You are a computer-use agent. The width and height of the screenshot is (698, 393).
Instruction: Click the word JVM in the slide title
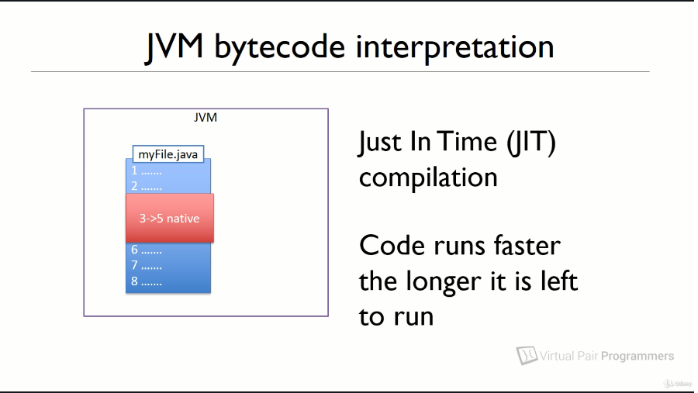174,47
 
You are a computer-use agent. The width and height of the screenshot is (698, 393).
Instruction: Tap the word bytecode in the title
279,47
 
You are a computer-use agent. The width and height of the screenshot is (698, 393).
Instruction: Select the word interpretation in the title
454,47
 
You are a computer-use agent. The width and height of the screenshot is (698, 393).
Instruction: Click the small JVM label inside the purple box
206,118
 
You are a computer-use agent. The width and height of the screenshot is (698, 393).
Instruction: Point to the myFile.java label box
168,154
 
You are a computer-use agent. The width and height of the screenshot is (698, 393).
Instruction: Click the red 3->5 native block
170,218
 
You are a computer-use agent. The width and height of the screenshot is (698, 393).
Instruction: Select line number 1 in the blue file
134,171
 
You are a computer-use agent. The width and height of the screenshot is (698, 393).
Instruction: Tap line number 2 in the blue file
134,186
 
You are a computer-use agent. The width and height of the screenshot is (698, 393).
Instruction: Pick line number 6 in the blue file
134,250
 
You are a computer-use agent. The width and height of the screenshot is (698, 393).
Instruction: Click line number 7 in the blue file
134,265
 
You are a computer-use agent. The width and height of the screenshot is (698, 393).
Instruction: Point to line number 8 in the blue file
134,281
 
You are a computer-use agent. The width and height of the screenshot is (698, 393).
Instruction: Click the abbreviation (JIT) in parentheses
531,143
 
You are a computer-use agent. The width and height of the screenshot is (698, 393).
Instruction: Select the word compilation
428,178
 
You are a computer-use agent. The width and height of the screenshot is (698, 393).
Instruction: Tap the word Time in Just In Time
467,142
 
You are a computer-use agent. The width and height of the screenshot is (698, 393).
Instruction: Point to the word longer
443,282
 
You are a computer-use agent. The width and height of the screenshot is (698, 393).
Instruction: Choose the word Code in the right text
392,246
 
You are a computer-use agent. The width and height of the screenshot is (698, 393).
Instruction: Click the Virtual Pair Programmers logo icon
527,355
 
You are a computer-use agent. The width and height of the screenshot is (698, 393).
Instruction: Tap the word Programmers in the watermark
638,356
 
